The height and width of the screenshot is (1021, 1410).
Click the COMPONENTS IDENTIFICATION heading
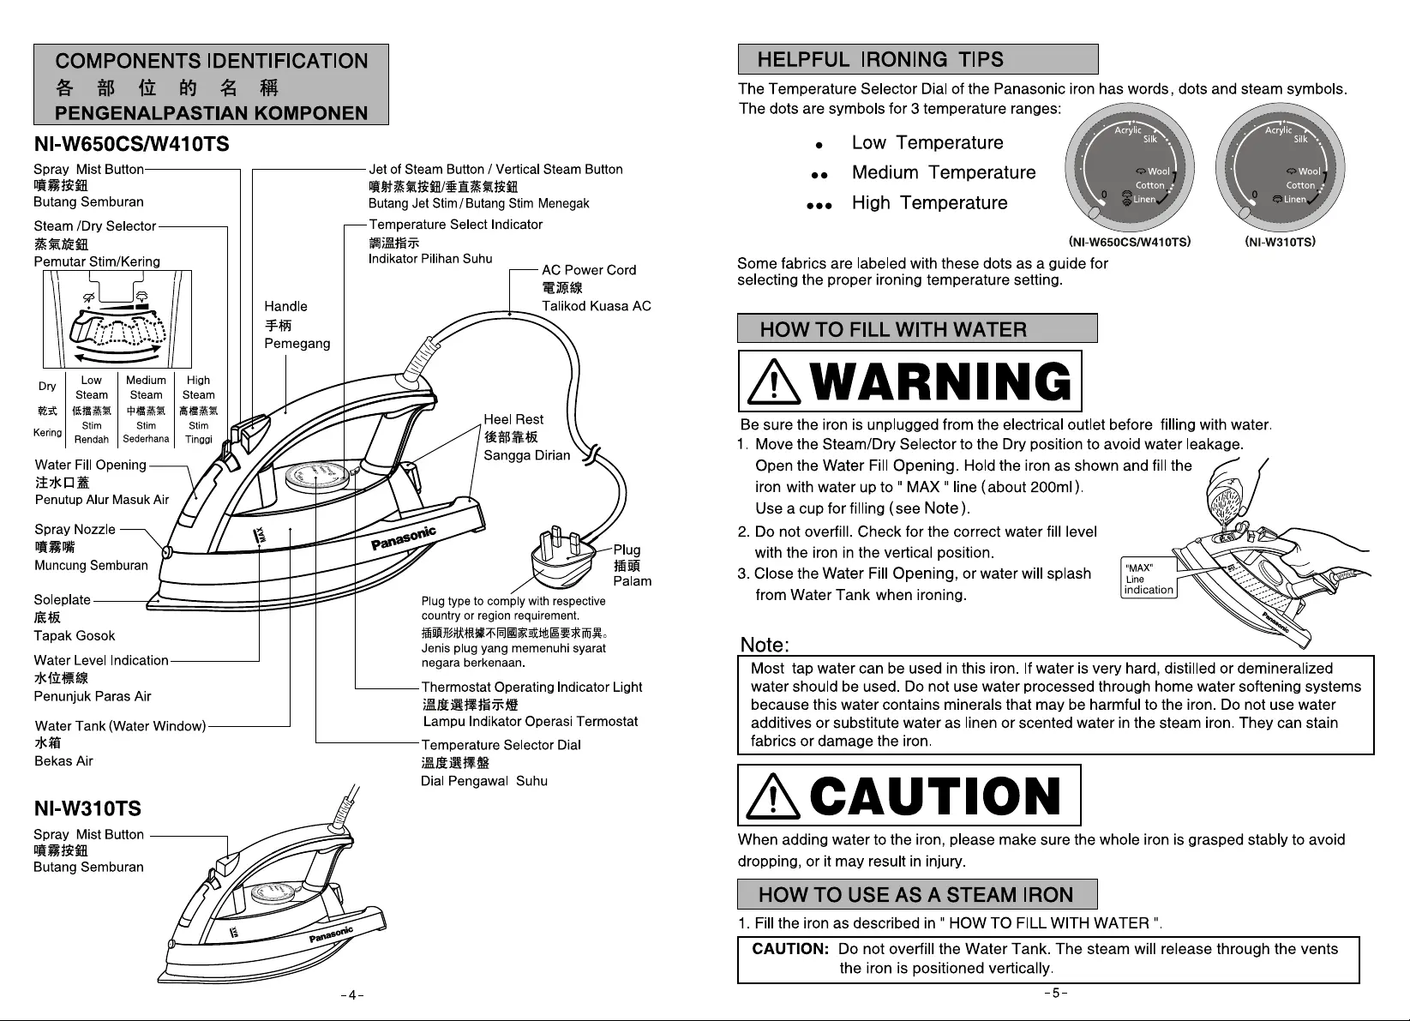(x=211, y=62)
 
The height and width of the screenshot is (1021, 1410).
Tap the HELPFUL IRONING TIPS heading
(x=880, y=59)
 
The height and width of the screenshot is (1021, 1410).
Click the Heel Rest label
(x=513, y=419)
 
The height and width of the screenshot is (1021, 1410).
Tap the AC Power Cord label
(x=589, y=270)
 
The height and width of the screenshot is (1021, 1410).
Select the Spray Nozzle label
(x=75, y=529)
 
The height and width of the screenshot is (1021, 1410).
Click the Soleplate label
(x=62, y=600)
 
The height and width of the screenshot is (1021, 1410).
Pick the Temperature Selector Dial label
(x=501, y=745)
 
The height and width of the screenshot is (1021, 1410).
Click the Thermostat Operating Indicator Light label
(x=531, y=688)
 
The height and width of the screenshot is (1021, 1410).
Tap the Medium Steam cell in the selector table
(x=146, y=387)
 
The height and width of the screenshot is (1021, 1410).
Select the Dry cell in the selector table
(x=47, y=387)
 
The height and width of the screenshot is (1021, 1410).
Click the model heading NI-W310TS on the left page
(x=87, y=808)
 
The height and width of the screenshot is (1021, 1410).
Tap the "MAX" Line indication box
(x=1149, y=579)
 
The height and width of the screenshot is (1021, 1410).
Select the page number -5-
(x=1055, y=994)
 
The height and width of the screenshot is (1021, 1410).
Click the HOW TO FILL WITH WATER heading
(x=893, y=329)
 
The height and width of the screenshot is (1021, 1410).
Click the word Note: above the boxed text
(x=765, y=645)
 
